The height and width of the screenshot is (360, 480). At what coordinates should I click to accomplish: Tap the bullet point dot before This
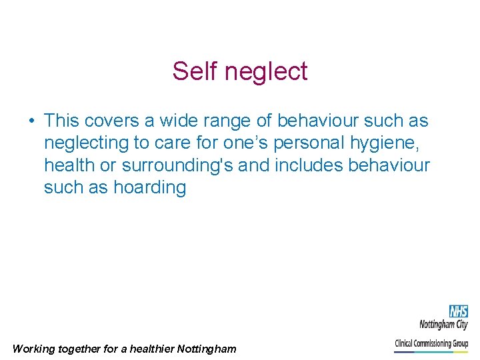(31, 121)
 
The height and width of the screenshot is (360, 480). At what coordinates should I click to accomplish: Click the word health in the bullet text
(69, 165)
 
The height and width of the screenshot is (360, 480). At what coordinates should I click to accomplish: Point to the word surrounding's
(177, 165)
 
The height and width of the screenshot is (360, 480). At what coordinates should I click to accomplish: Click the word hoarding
(149, 187)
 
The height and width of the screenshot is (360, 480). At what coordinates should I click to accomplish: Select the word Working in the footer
(35, 349)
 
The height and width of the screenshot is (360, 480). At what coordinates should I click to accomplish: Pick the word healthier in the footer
(152, 349)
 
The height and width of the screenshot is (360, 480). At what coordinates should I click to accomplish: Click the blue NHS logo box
(458, 311)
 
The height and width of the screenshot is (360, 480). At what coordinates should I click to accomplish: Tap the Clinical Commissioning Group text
(431, 344)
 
